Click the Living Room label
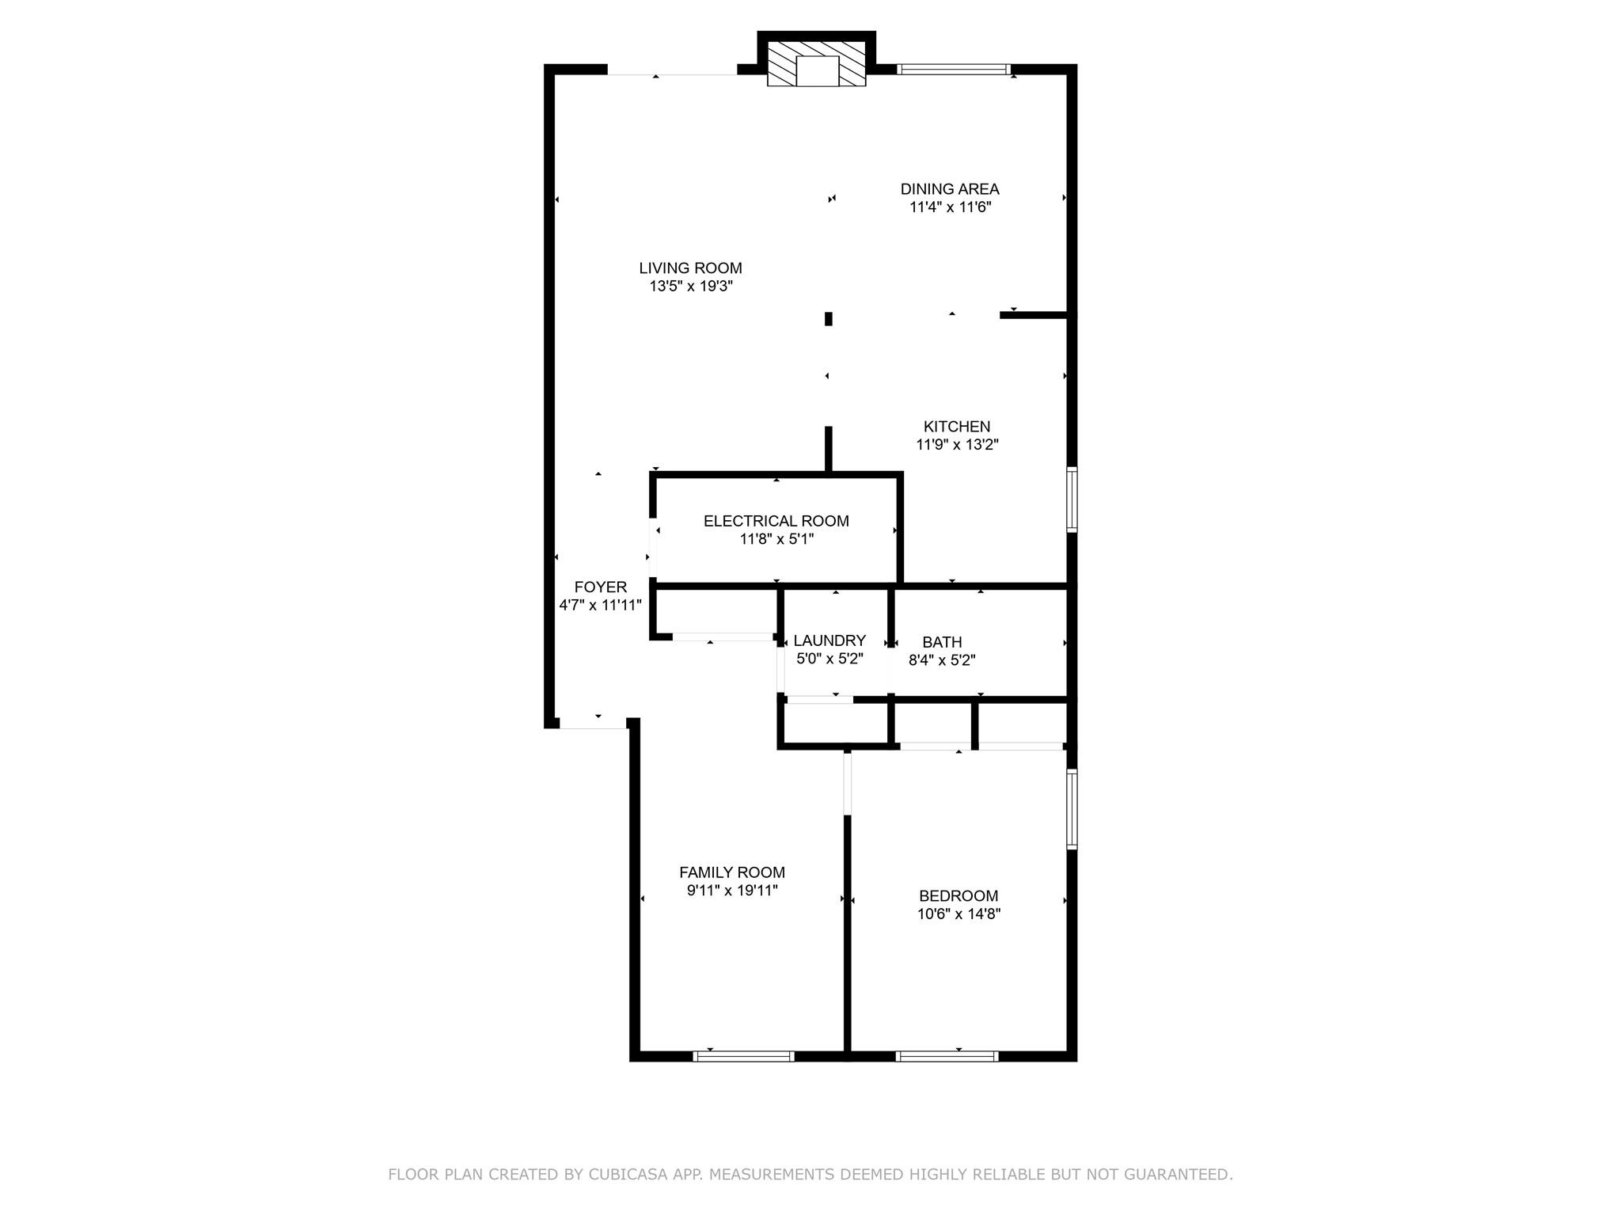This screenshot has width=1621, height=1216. (690, 268)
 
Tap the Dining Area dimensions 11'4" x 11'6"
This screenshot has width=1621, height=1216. (950, 207)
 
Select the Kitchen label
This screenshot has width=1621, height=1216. (957, 427)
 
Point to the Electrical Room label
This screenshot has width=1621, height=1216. (776, 521)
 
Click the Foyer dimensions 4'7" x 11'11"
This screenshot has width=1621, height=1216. (600, 605)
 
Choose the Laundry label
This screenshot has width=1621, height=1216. (829, 640)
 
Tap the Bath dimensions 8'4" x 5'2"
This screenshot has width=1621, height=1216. (941, 660)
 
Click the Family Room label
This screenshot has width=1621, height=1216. (732, 872)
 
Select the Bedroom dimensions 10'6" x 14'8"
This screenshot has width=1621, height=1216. (959, 914)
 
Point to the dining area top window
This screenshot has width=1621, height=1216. (955, 70)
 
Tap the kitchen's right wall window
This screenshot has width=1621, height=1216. (1072, 500)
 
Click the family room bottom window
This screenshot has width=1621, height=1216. (743, 1056)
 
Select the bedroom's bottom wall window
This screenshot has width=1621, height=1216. (947, 1056)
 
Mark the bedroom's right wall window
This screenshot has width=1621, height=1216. (1072, 809)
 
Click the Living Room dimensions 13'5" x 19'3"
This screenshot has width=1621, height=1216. (691, 287)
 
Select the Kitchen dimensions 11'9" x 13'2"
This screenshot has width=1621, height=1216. (957, 445)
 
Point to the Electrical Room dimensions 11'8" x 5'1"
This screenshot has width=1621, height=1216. (776, 539)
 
